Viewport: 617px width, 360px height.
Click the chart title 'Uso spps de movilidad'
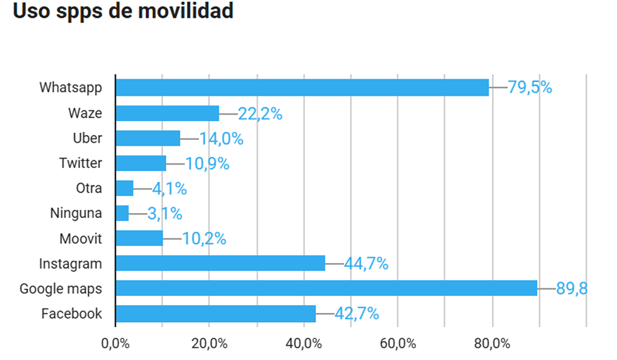click(x=123, y=12)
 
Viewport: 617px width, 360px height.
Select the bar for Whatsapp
click(x=302, y=87)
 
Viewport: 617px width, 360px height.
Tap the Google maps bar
click(x=326, y=288)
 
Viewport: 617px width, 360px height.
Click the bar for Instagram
click(x=220, y=263)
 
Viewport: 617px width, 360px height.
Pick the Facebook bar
click(x=216, y=314)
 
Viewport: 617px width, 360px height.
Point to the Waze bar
click(x=167, y=112)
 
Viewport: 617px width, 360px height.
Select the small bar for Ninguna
click(x=122, y=213)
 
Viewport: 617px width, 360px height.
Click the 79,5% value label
click(x=530, y=88)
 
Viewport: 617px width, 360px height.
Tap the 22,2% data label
click(x=260, y=113)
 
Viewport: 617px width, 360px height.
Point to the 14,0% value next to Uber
click(x=221, y=139)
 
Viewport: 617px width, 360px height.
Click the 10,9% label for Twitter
click(x=207, y=164)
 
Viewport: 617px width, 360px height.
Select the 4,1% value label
click(x=169, y=188)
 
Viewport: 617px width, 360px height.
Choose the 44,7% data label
click(x=366, y=264)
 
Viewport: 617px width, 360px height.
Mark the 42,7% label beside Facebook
click(x=357, y=314)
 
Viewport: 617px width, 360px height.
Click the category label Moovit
click(x=80, y=238)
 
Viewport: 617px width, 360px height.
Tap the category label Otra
click(x=89, y=188)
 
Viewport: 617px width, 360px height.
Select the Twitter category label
click(x=80, y=162)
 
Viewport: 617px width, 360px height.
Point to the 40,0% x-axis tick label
click(x=303, y=344)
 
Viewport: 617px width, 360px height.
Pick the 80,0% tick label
click(x=491, y=344)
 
